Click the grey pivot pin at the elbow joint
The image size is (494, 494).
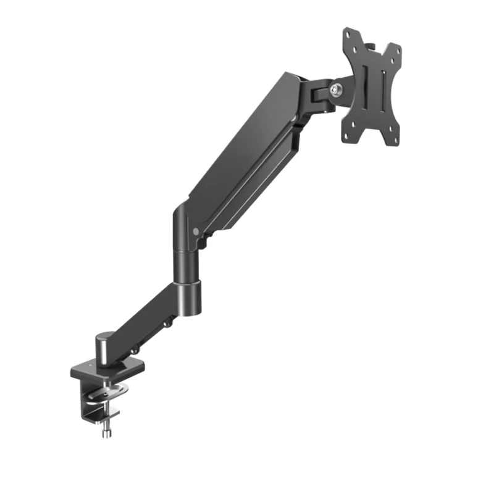click(x=196, y=232)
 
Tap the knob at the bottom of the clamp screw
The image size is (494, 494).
click(x=106, y=431)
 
